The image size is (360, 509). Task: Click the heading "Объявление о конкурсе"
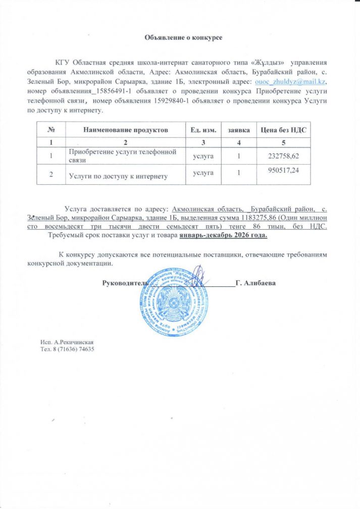coord(184,37)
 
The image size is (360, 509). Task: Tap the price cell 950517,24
coord(281,172)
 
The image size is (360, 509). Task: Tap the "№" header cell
coord(50,130)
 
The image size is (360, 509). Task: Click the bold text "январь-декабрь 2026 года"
coord(223,235)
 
